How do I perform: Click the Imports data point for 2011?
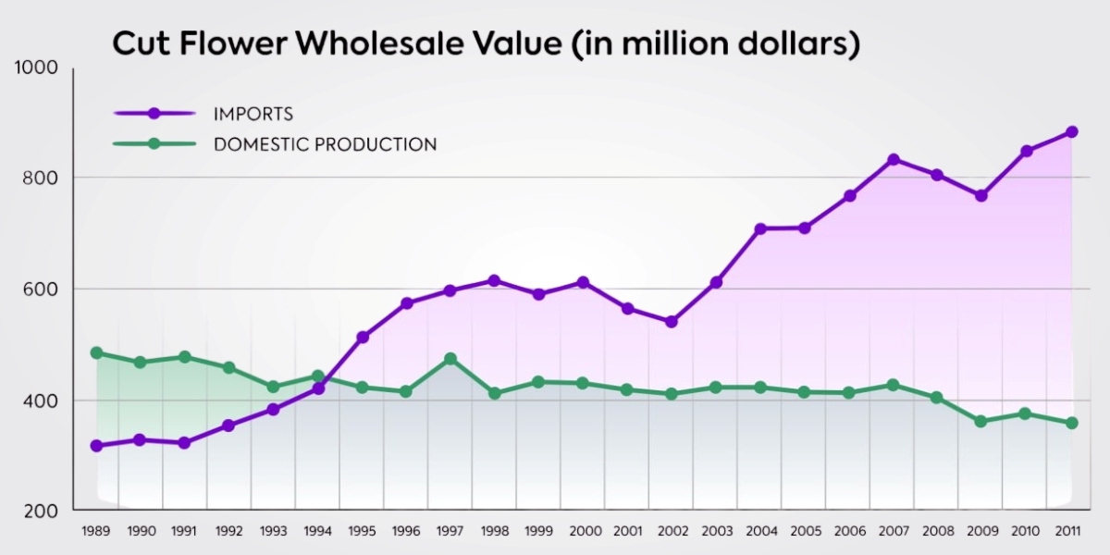[x=1072, y=132]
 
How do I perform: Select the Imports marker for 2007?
[x=894, y=160]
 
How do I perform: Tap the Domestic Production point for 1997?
[x=450, y=359]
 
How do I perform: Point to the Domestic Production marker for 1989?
[x=96, y=353]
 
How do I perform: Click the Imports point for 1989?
[x=96, y=446]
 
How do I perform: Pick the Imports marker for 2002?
[x=672, y=322]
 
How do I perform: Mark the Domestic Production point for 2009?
[x=981, y=422]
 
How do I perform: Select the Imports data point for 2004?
[x=760, y=228]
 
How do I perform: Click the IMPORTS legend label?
[x=253, y=115]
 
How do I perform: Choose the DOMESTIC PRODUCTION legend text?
[x=325, y=144]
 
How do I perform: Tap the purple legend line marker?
[x=154, y=113]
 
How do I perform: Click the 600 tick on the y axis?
[x=42, y=289]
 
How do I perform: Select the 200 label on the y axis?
[x=42, y=511]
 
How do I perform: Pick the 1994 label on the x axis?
[x=317, y=532]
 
